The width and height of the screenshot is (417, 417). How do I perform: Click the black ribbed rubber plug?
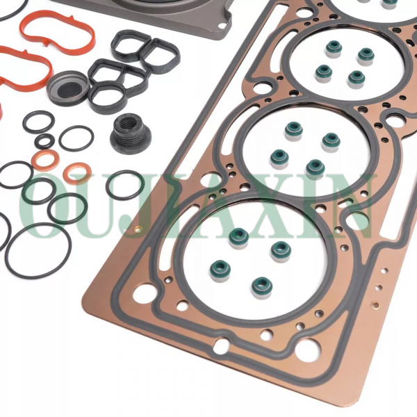tap(130, 133)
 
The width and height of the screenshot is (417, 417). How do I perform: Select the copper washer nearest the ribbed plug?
tap(77, 172)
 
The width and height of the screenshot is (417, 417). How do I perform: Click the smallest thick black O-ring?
tap(44, 142)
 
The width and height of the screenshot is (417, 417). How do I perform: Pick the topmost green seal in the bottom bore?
tap(239, 235)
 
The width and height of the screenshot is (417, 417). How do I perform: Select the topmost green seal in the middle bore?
tap(293, 129)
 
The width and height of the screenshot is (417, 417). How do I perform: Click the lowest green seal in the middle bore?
tap(316, 167)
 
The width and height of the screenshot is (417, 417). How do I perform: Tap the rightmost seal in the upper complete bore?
tap(366, 54)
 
